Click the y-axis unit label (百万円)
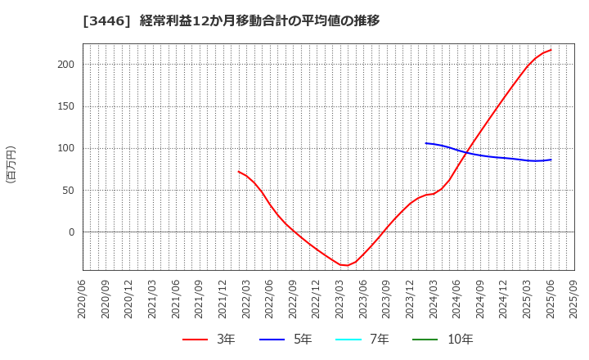[11, 164]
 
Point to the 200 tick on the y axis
[66, 65]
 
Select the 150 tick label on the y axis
[66, 106]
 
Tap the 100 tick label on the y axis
[66, 148]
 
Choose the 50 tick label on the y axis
[69, 191]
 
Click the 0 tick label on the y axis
[71, 232]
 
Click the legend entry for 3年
[208, 340]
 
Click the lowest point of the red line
[344, 265]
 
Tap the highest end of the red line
[551, 50]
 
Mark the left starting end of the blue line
[426, 143]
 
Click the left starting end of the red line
[238, 172]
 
